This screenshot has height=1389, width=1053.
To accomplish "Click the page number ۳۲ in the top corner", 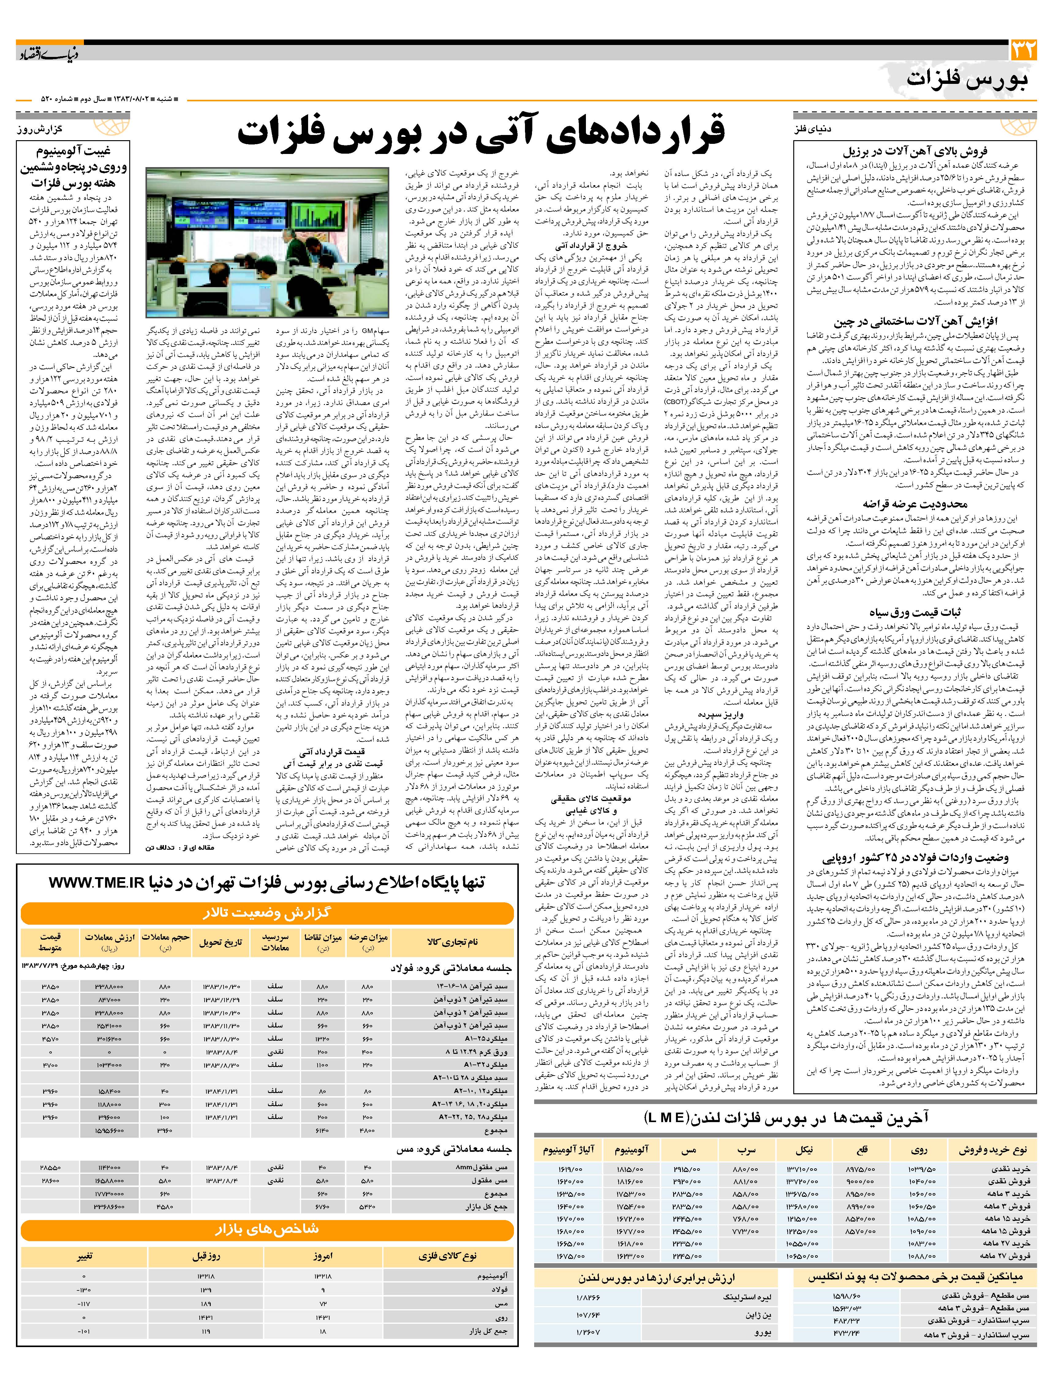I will (x=1023, y=50).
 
